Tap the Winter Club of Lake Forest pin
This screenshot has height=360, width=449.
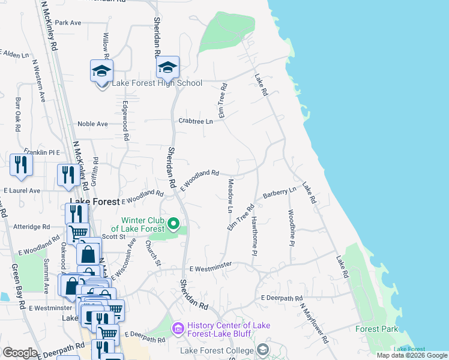click(174, 225)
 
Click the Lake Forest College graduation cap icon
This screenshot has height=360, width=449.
click(262, 350)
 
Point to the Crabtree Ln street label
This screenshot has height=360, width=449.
click(196, 121)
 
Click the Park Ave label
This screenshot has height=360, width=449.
click(68, 23)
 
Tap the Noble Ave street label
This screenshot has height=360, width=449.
click(92, 124)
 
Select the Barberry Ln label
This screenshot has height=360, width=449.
click(280, 193)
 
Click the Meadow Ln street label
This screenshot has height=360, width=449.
click(229, 196)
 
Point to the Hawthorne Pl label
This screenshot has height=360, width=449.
click(255, 236)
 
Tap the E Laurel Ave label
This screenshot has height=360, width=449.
click(22, 191)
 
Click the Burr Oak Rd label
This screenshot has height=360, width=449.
click(18, 115)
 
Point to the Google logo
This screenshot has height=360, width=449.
click(20, 353)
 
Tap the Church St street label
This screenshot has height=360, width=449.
click(153, 253)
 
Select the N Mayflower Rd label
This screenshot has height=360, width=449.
click(315, 323)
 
